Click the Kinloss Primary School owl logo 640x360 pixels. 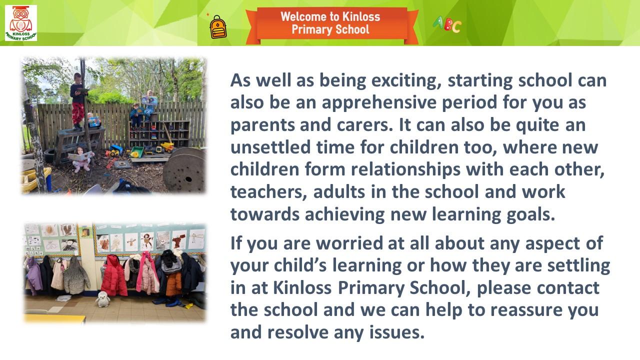tap(21, 23)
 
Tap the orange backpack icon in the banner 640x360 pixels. tap(218, 27)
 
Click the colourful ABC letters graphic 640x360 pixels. tap(447, 24)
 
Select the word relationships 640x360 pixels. tap(405, 170)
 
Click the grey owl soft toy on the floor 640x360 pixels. tap(102, 299)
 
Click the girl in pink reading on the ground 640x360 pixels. tap(80, 159)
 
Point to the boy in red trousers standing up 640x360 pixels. tap(77, 101)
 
